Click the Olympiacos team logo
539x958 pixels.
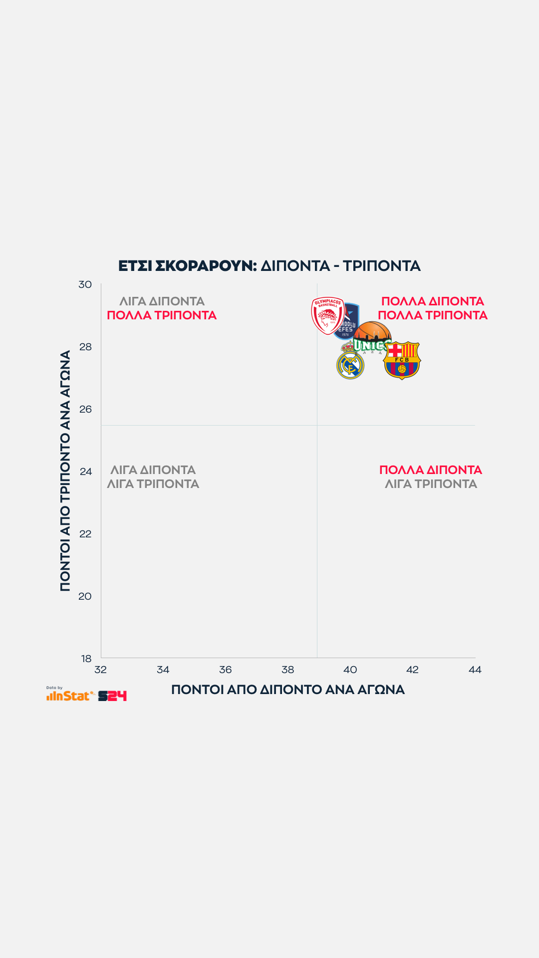click(x=327, y=315)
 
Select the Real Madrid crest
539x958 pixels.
click(x=350, y=362)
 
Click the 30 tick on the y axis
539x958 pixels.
click(x=85, y=284)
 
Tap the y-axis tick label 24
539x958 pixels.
click(x=85, y=472)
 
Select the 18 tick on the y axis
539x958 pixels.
click(x=86, y=659)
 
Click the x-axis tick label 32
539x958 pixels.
click(x=101, y=670)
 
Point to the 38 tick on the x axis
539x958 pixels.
click(x=288, y=670)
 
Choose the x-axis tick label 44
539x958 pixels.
click(x=475, y=670)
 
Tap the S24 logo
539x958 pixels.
click(x=112, y=696)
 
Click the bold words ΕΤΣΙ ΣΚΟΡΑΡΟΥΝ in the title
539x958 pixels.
click(x=187, y=266)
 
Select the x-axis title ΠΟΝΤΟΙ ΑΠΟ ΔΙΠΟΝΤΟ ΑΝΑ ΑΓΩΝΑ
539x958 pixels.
click(x=288, y=690)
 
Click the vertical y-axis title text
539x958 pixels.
click(x=65, y=471)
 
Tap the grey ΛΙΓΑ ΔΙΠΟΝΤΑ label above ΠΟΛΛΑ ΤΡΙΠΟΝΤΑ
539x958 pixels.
click(x=162, y=301)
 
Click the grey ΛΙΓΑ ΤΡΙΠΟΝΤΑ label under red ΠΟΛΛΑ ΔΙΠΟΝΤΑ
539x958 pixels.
click(x=431, y=484)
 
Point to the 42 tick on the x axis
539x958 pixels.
click(x=413, y=670)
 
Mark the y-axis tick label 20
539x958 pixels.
click(x=85, y=596)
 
